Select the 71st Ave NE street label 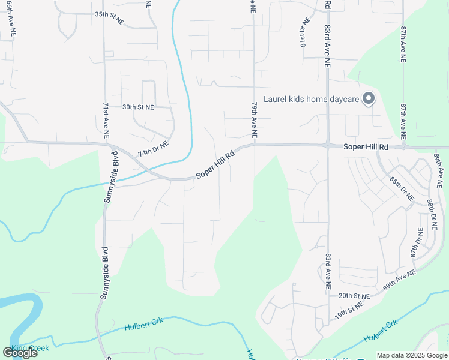click(x=106, y=120)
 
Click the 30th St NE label click(x=138, y=107)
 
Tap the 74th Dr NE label click(x=153, y=149)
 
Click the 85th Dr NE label click(x=402, y=188)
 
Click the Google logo click(x=20, y=353)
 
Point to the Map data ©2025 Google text click(x=411, y=355)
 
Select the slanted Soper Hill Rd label click(x=215, y=166)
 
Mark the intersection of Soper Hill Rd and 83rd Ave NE click(x=328, y=146)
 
